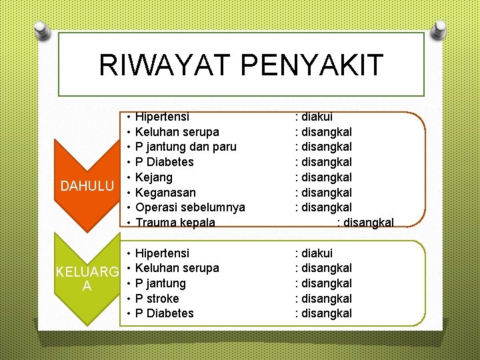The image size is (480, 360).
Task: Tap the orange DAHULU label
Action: [x=87, y=185]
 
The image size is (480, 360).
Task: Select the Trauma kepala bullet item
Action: [x=175, y=223]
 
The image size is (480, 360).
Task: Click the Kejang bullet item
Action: [x=154, y=177]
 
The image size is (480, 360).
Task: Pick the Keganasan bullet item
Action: [x=165, y=193]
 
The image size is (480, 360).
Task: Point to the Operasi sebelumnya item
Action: [x=189, y=207]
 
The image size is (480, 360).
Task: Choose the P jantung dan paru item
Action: [x=185, y=147]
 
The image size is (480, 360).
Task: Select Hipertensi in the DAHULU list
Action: [x=162, y=117]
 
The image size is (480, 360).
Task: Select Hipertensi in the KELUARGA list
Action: [x=162, y=253]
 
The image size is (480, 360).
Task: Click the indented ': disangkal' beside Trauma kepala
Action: [x=366, y=223]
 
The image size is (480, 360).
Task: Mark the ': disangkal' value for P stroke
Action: [x=323, y=298]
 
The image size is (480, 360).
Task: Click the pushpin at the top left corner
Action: [x=42, y=28]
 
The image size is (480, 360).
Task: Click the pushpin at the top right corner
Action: [x=440, y=28]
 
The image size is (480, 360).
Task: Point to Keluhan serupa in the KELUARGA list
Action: [x=177, y=268]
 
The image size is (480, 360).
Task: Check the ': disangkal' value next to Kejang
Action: [x=323, y=177]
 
